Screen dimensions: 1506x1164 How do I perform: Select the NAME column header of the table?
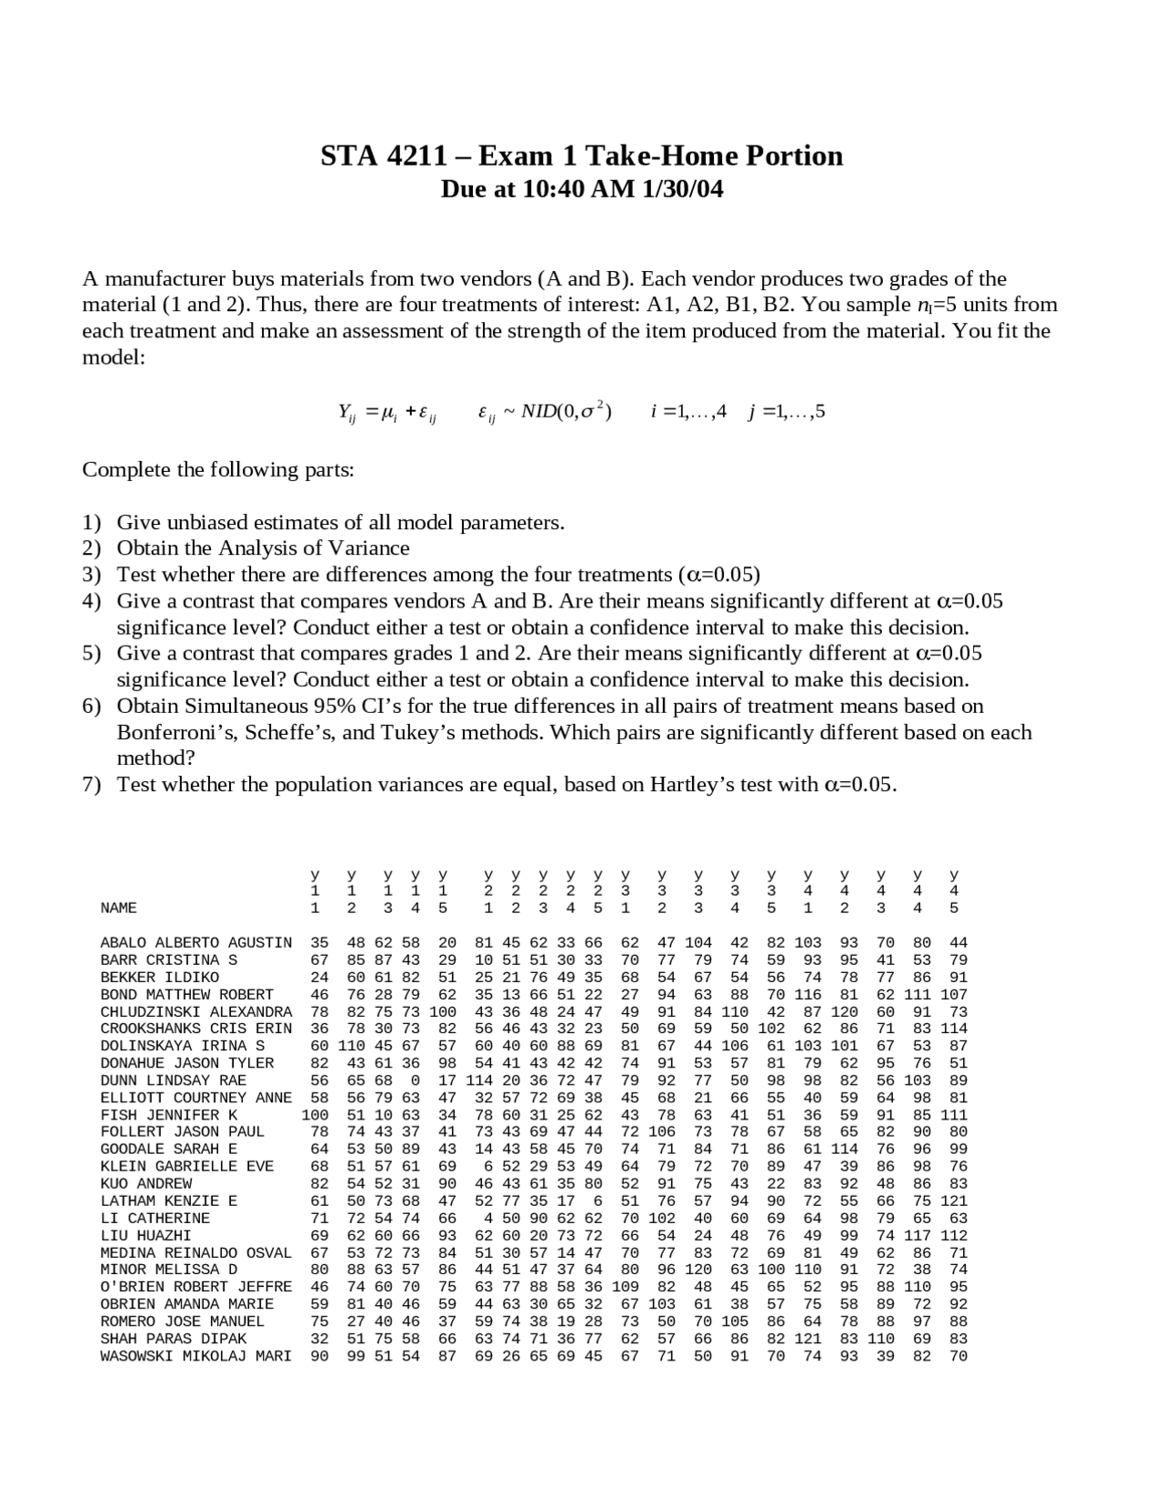click(x=118, y=908)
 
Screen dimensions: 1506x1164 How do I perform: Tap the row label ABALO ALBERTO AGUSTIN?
click(x=196, y=942)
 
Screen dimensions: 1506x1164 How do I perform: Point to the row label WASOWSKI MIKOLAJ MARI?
click(x=196, y=1356)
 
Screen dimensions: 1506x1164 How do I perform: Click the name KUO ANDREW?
click(x=145, y=1183)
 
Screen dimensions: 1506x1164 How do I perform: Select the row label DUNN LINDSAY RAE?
click(x=173, y=1080)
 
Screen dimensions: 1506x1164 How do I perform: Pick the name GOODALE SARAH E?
click(x=168, y=1149)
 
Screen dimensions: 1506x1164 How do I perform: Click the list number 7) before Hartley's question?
click(x=92, y=785)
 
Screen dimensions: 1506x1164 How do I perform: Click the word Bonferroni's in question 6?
click(x=173, y=733)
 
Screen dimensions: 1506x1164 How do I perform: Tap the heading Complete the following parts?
click(x=218, y=470)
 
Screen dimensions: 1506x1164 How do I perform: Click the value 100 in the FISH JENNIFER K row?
click(x=315, y=1115)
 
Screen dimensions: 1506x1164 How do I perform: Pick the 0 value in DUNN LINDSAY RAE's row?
click(x=415, y=1080)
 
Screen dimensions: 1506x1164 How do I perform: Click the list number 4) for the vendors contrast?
click(x=92, y=601)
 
